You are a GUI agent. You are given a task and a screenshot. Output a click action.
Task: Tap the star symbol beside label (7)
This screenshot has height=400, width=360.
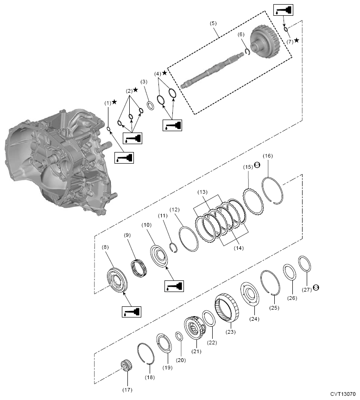[x=297, y=40]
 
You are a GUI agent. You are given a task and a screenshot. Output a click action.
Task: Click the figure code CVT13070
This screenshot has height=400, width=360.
[x=344, y=393]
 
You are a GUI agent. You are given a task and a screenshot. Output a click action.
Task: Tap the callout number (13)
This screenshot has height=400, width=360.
[x=202, y=192]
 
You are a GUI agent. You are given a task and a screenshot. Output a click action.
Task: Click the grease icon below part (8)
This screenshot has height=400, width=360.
[x=131, y=311]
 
